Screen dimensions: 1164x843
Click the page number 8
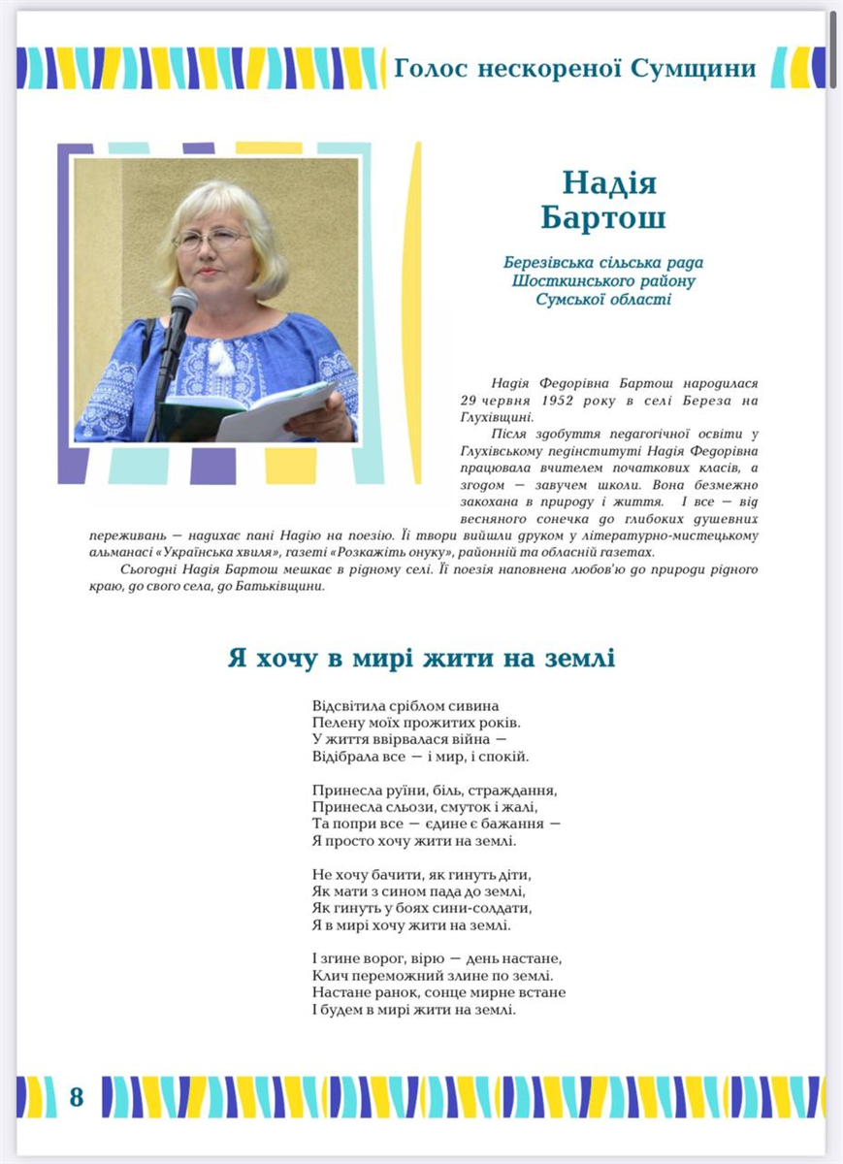(77, 1097)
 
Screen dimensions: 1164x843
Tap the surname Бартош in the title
(603, 218)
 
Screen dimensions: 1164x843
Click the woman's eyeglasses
(209, 239)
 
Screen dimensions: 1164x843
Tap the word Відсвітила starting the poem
(350, 705)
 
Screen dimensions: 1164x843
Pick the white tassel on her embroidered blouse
(222, 358)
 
